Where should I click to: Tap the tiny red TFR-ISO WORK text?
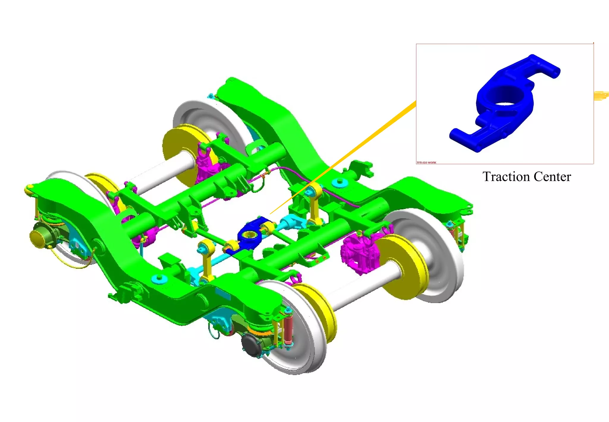(x=426, y=162)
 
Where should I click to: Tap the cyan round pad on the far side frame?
(x=339, y=182)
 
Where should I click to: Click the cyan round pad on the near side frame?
(x=158, y=279)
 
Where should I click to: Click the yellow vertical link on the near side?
(x=207, y=259)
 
